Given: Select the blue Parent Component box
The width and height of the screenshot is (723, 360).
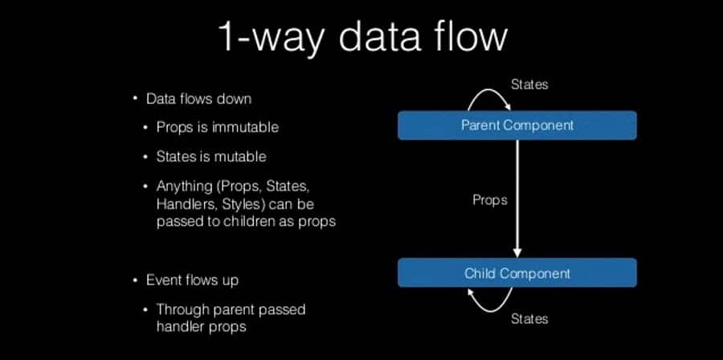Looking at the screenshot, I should click(x=517, y=125).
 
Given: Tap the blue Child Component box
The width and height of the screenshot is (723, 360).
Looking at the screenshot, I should click(x=517, y=273).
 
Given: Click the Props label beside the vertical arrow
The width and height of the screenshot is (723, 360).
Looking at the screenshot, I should click(x=489, y=199).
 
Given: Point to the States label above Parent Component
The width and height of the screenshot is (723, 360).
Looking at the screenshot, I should click(x=529, y=84).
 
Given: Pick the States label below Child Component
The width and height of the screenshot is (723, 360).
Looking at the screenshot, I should click(x=529, y=319).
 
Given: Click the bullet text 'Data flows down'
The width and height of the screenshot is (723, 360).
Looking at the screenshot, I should click(x=198, y=99).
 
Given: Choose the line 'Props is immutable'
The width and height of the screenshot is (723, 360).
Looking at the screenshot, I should click(x=218, y=128).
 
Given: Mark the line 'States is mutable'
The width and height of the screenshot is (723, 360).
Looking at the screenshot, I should click(x=211, y=156).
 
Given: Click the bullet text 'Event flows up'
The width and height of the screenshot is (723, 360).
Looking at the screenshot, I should click(x=192, y=280).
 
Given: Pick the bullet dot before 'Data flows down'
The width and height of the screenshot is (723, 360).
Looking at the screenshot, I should click(x=136, y=99).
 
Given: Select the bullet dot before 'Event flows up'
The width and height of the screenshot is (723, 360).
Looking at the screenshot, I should click(x=136, y=280).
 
